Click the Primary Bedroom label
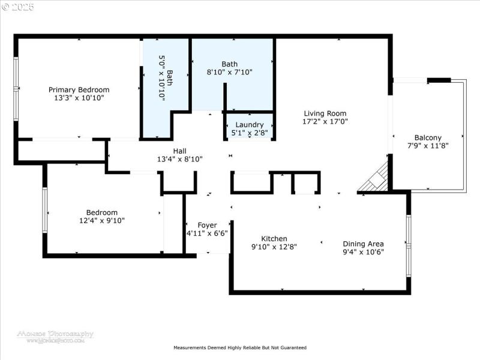pos(79,89)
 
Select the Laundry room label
pos(249,125)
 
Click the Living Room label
pos(325,113)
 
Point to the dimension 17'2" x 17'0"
pos(325,121)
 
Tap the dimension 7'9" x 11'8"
pos(428,145)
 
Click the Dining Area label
pos(363,244)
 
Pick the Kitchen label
pos(274,238)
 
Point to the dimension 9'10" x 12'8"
pos(274,246)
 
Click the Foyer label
pos(207,226)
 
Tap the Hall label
pos(180,151)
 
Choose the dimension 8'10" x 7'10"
pos(229,72)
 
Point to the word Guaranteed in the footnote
pos(292,347)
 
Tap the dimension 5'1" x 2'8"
pos(249,133)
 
